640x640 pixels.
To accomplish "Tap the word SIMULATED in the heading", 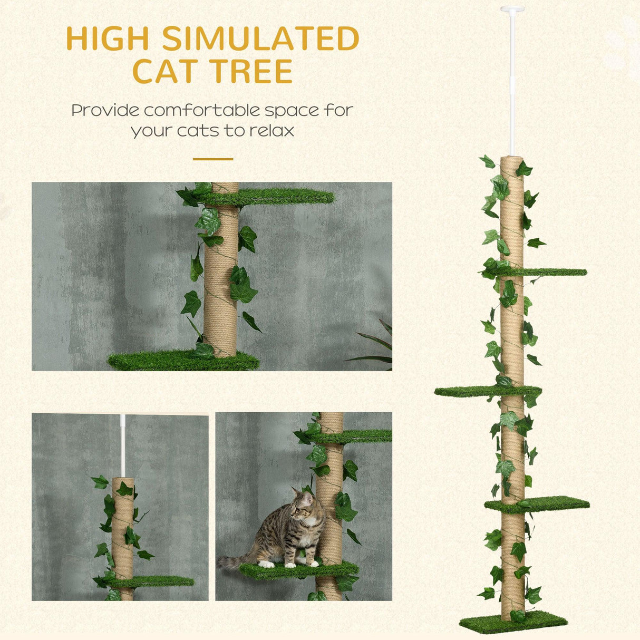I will [260, 38].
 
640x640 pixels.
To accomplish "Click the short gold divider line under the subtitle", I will [212, 159].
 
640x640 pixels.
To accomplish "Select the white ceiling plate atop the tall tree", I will [512, 9].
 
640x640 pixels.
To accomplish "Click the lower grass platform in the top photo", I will [174, 361].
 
